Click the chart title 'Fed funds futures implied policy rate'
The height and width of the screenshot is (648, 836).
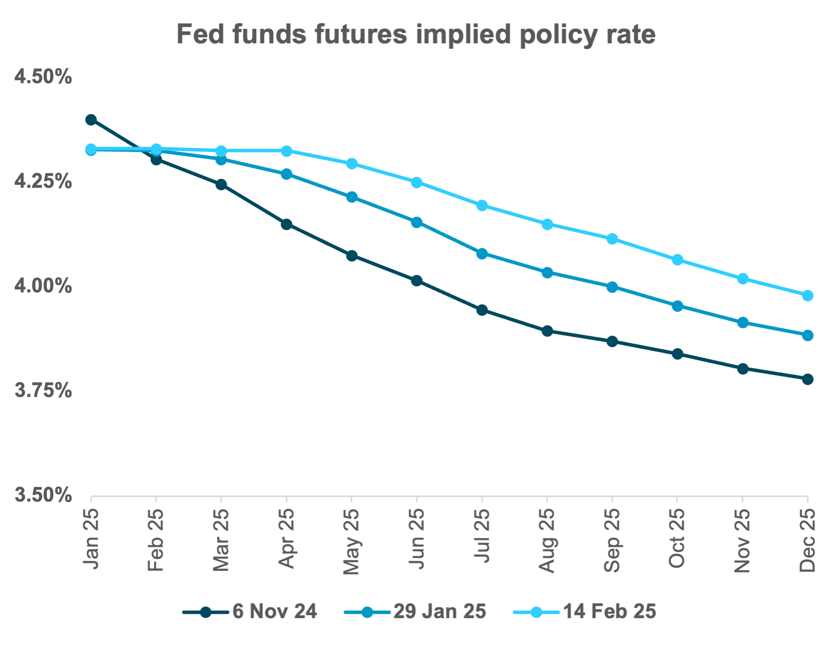point(416,34)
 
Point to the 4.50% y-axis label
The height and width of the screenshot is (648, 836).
point(43,77)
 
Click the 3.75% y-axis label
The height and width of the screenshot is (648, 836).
point(43,391)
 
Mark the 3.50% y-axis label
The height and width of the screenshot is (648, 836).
point(43,496)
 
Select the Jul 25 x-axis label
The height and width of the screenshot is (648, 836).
point(482,535)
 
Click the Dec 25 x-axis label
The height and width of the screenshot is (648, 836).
point(808,540)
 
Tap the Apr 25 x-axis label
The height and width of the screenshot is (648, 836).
point(287,538)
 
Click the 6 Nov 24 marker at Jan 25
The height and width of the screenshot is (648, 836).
point(91,120)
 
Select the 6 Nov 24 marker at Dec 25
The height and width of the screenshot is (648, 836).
point(808,379)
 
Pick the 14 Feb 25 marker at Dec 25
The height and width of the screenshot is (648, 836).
point(808,295)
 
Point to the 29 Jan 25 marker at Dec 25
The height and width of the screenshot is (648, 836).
point(808,335)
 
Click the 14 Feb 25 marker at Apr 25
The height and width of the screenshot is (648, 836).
point(287,151)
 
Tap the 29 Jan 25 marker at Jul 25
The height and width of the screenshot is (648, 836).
point(482,254)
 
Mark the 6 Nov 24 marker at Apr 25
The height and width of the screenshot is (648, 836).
point(287,224)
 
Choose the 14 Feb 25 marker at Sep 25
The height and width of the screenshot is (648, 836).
point(612,239)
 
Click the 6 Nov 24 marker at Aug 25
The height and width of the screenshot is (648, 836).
point(547,331)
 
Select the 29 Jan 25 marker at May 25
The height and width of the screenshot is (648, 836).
point(351,197)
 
